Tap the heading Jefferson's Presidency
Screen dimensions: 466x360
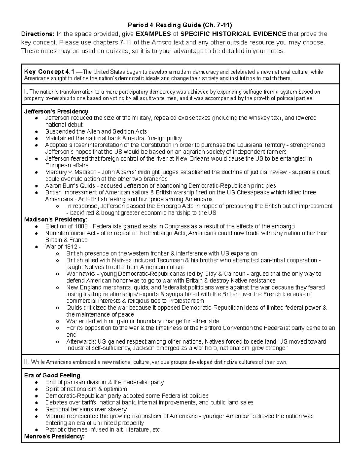[x=56, y=111]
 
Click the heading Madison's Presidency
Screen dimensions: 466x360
[x=56, y=220]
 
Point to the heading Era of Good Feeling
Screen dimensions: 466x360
[x=52, y=375]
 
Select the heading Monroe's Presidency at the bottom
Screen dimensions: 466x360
[x=54, y=436]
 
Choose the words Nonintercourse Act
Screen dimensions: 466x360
[x=70, y=233]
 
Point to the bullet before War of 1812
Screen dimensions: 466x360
[x=36, y=247]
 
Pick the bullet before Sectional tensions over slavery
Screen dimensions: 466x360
[x=36, y=410]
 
